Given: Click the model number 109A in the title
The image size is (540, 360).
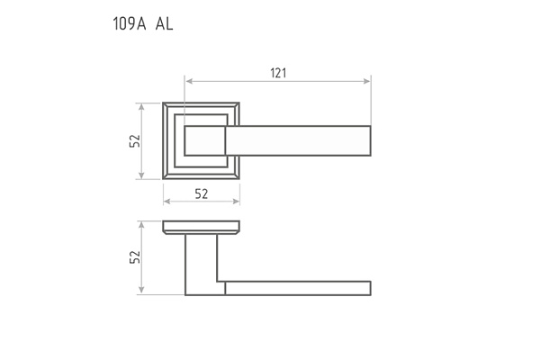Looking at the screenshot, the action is click(x=130, y=23).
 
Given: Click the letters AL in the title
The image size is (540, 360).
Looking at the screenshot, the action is click(x=164, y=23).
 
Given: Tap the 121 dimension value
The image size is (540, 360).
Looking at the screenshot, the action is click(x=278, y=73).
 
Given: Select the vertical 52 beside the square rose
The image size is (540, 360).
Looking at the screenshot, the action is click(x=135, y=140).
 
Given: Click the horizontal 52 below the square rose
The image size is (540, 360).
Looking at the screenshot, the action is click(x=202, y=194).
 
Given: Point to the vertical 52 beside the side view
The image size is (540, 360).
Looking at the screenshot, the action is click(x=135, y=256).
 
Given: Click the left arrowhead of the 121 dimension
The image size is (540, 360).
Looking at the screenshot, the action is click(x=189, y=81).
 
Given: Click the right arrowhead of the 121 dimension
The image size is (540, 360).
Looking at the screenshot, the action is click(x=367, y=81).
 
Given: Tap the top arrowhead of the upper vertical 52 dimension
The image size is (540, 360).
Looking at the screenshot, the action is click(x=141, y=106).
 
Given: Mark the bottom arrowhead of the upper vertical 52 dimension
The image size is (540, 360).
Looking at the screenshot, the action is click(x=141, y=175).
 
